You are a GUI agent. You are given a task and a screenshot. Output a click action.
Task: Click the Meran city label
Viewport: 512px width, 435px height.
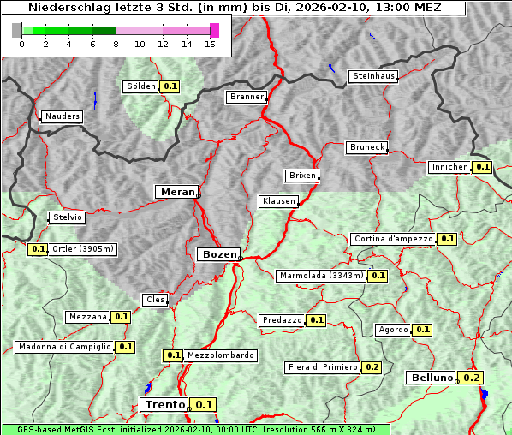pyautogui.click(x=176, y=192)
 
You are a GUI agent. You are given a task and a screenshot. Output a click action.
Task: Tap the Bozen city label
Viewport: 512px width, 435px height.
pyautogui.click(x=217, y=254)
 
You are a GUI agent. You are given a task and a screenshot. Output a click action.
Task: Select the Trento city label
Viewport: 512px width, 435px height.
pyautogui.click(x=164, y=405)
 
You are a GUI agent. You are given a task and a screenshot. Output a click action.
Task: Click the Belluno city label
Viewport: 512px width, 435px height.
pyautogui.click(x=431, y=378)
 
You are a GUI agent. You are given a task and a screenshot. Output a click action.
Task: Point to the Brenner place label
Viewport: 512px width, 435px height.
pyautogui.click(x=247, y=97)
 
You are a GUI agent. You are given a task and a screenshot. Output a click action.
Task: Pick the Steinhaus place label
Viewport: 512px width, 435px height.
pyautogui.click(x=373, y=77)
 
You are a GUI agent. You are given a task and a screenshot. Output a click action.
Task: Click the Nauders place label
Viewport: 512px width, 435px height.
pyautogui.click(x=62, y=116)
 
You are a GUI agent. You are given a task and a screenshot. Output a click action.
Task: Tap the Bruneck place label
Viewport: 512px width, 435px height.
pyautogui.click(x=367, y=147)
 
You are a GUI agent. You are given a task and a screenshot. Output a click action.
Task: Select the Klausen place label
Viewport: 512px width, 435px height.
pyautogui.click(x=277, y=201)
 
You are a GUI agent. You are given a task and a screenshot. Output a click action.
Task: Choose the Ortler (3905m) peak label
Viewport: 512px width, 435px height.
pyautogui.click(x=82, y=249)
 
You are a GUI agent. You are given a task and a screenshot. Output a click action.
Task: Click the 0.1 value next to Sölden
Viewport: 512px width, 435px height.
pyautogui.click(x=170, y=86)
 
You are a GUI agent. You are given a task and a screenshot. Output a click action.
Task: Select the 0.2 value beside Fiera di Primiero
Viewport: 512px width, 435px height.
pyautogui.click(x=372, y=367)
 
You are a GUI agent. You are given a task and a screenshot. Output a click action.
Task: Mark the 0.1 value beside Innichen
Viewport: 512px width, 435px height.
pyautogui.click(x=482, y=167)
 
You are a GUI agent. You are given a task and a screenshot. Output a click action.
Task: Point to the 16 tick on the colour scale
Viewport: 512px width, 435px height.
pyautogui.click(x=210, y=44)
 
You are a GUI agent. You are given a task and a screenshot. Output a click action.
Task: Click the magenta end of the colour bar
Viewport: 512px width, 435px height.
pyautogui.click(x=214, y=30)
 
